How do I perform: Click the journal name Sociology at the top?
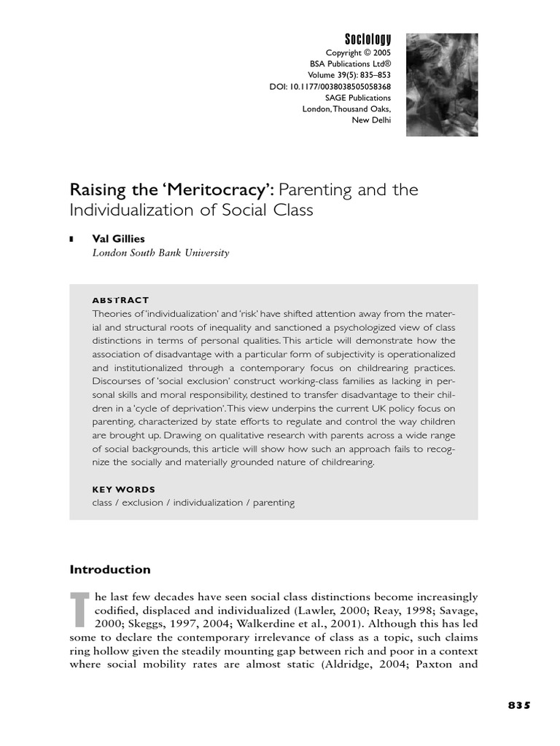pyautogui.click(x=367, y=39)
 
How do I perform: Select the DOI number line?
pyautogui.click(x=330, y=87)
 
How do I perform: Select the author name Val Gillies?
pyautogui.click(x=117, y=238)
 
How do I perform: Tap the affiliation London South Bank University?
pyautogui.click(x=160, y=253)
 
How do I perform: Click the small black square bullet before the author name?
pyautogui.click(x=71, y=239)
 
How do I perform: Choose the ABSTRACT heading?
pyautogui.click(x=120, y=300)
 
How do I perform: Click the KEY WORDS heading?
pyautogui.click(x=123, y=490)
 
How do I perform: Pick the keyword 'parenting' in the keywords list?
pyautogui.click(x=273, y=503)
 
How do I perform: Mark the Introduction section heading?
pyautogui.click(x=110, y=570)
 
